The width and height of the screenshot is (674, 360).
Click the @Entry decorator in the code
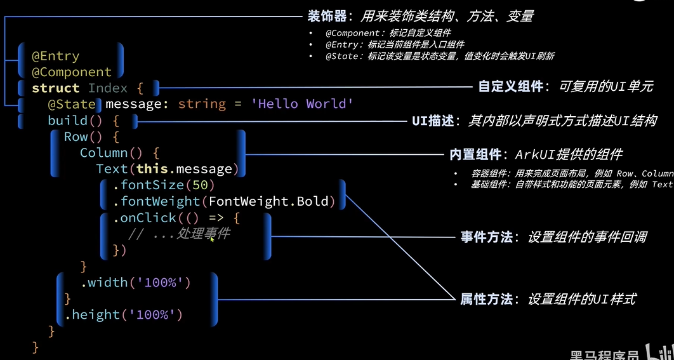pyautogui.click(x=56, y=57)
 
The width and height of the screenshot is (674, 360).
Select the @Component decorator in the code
pyautogui.click(x=72, y=72)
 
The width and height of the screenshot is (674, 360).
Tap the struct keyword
pyautogui.click(x=56, y=88)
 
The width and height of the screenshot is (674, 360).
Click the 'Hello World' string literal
pyautogui.click(x=302, y=104)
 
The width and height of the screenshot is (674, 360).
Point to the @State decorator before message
pyautogui.click(x=72, y=104)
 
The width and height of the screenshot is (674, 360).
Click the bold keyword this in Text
pyautogui.click(x=152, y=169)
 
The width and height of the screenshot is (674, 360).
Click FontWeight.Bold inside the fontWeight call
pyautogui.click(x=269, y=202)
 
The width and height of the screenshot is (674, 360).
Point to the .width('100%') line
pyautogui.click(x=135, y=283)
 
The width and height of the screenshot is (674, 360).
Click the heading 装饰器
pyautogui.click(x=326, y=16)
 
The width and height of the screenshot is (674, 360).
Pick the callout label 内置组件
pyautogui.click(x=475, y=154)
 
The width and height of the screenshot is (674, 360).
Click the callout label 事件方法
pyautogui.click(x=486, y=237)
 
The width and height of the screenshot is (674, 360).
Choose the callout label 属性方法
pyautogui.click(x=486, y=298)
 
